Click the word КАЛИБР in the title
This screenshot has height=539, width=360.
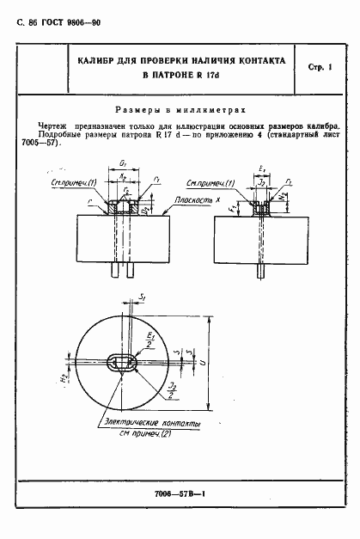click(94, 62)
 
